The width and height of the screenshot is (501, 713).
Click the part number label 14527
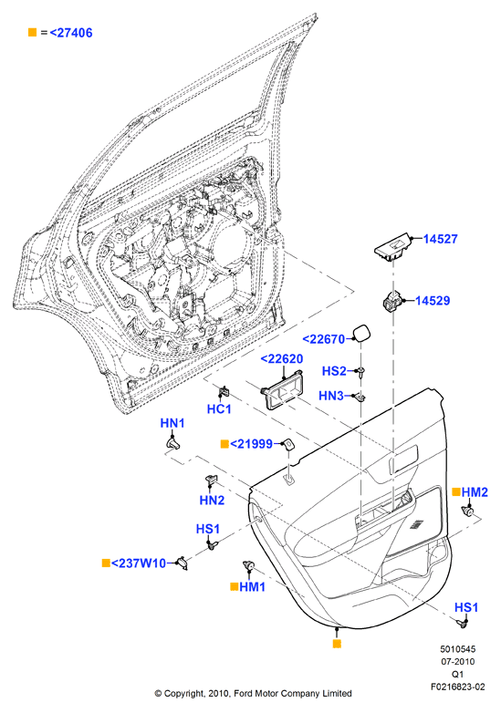pos(440,239)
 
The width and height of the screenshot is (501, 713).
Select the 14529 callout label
pos(433,301)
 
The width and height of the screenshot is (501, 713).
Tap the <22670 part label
pos(324,339)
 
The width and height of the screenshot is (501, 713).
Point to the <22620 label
pos(282,358)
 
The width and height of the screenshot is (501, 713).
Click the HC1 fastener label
pos(219,409)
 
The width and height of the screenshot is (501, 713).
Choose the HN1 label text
pos(172,423)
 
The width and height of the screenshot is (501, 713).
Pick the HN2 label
pos(212,501)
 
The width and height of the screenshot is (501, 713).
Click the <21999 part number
pos(251,444)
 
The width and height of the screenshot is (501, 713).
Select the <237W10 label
pos(139,563)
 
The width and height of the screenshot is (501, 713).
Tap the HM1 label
pos(252,587)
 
